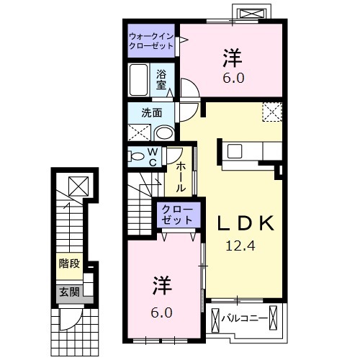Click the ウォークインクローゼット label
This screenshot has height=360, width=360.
[x=151, y=40]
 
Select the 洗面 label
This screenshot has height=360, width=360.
[x=150, y=112]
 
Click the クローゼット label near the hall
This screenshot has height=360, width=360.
[x=176, y=214]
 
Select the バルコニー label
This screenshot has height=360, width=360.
[x=248, y=318]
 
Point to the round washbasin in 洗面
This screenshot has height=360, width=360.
[x=164, y=132]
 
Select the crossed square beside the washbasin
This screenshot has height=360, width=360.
[x=138, y=132]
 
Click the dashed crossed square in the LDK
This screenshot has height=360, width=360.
[x=272, y=113]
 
